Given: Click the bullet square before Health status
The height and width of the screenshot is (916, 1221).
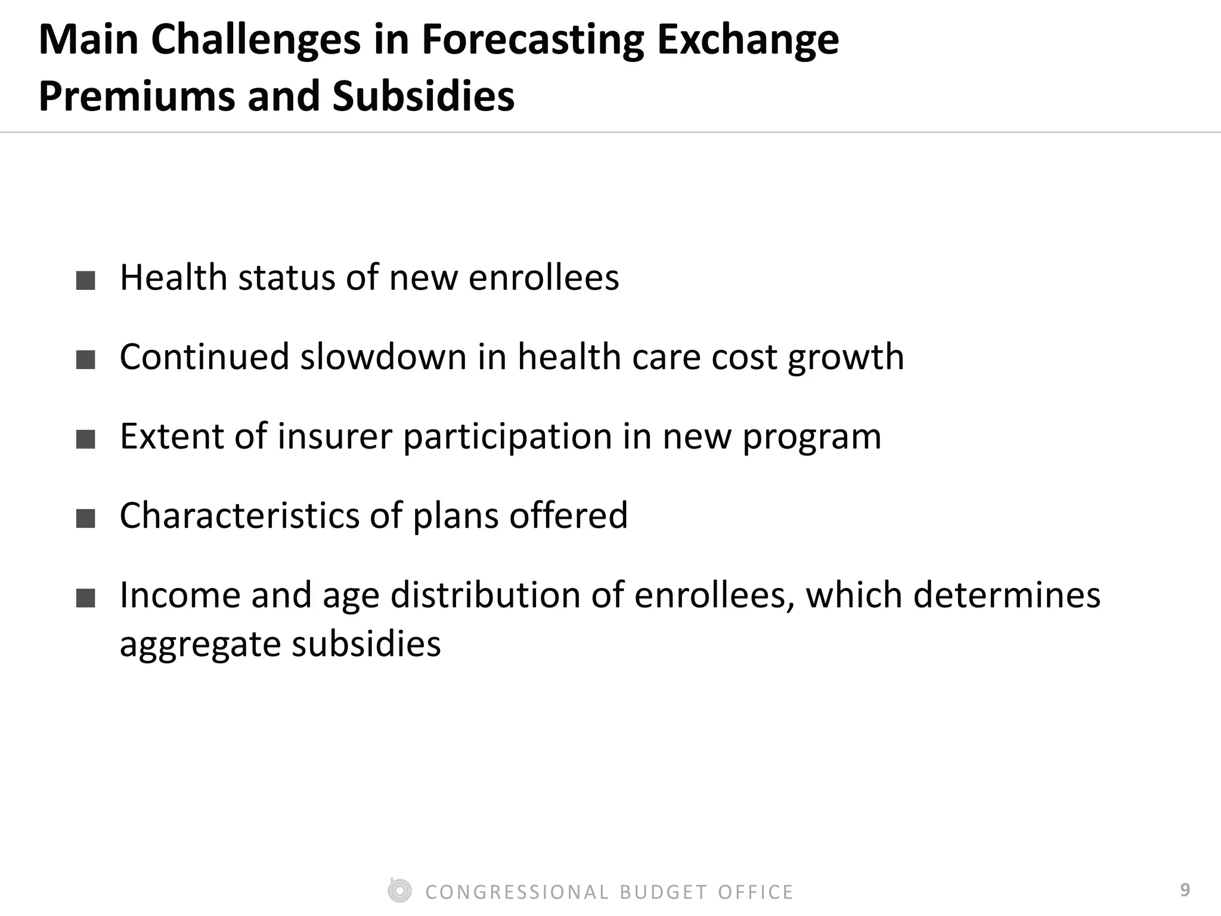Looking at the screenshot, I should coord(86,280).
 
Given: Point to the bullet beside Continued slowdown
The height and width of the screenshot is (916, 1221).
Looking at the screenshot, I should coord(86,360).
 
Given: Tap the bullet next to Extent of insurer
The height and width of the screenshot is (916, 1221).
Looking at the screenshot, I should coord(86,439).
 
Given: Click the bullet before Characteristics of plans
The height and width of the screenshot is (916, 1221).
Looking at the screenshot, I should coord(86,518).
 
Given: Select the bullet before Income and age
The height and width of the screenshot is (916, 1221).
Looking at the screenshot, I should coord(86,598).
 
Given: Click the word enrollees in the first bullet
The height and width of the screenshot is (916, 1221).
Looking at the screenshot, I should coord(544,278).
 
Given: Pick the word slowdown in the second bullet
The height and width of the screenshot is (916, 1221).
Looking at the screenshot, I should coord(383,357).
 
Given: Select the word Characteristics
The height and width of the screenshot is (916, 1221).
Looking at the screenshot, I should coord(239,516).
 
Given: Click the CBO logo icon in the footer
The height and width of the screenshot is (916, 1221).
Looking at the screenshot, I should coord(399,891).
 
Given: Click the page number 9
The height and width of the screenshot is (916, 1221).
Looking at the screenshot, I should coord(1185,890).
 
